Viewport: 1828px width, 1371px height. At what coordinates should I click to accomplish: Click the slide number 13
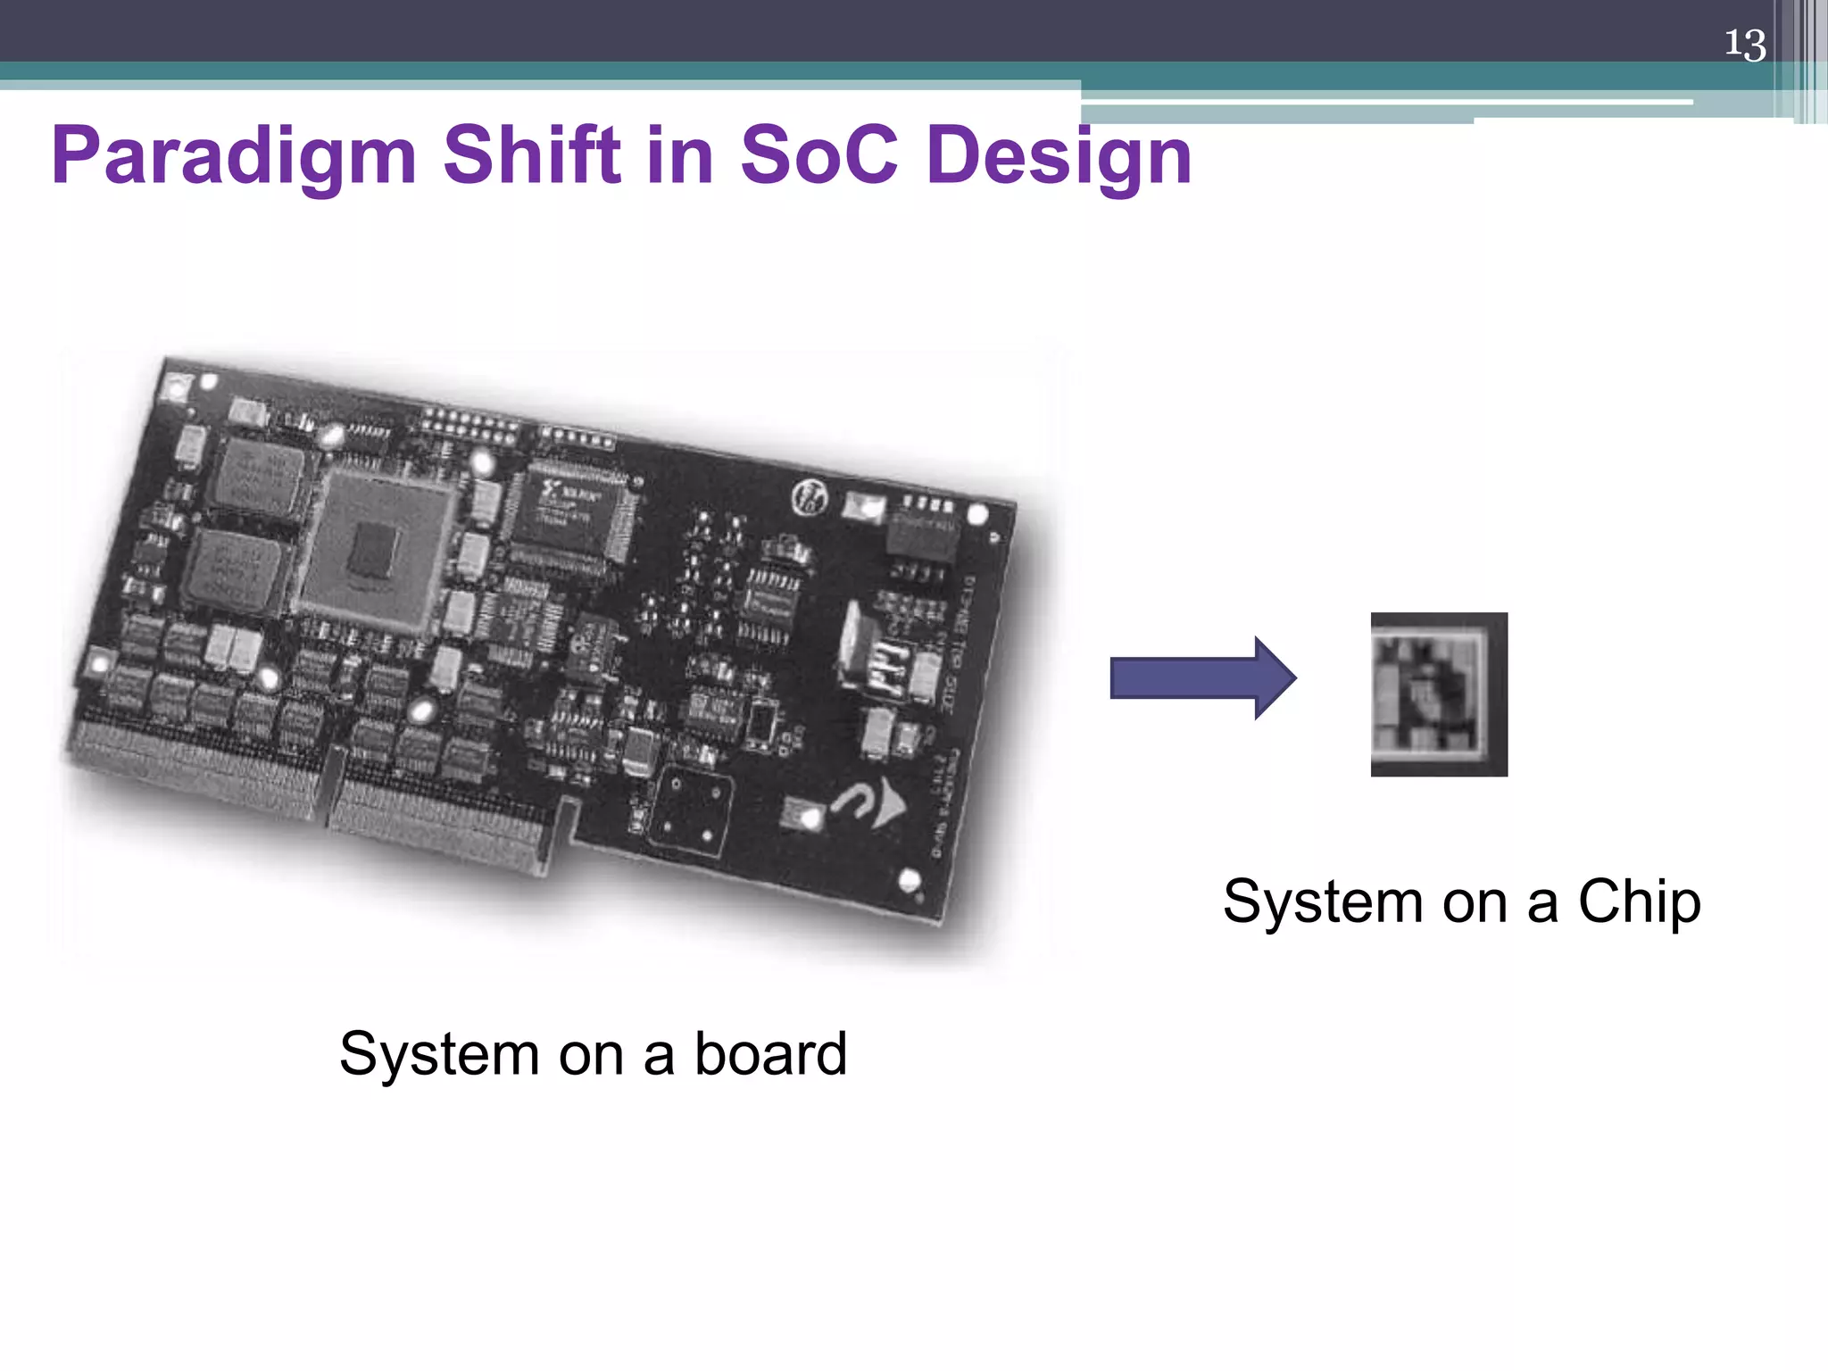1744,44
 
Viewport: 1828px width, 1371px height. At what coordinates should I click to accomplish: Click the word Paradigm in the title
234,155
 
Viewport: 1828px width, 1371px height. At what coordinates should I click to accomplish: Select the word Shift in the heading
531,155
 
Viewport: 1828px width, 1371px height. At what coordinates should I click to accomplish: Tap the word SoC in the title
818,155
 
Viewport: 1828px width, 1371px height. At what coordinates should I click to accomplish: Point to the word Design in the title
1059,157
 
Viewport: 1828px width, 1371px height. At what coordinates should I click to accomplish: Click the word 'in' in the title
680,155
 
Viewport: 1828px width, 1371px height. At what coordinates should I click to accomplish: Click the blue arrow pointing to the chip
1201,678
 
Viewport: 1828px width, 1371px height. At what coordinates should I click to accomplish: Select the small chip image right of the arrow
1439,694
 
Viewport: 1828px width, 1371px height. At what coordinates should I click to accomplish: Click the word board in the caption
770,1054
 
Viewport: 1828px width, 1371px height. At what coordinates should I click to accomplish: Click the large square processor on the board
375,549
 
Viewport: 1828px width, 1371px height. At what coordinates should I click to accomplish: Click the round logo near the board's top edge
810,498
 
